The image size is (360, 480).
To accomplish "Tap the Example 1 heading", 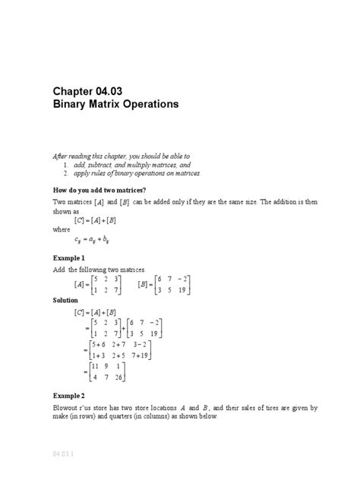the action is pyautogui.click(x=68, y=258).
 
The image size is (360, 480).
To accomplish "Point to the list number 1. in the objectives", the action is pyautogui.click(x=67, y=163).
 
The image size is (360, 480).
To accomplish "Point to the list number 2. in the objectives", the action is pyautogui.click(x=67, y=173).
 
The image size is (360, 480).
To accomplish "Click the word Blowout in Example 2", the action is pyautogui.click(x=66, y=408).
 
